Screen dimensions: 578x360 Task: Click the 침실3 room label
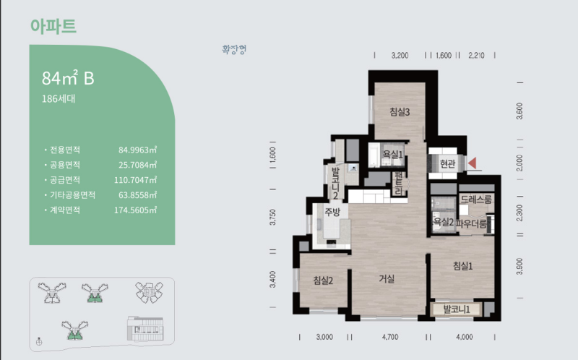(400, 112)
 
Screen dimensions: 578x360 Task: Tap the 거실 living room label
(387, 279)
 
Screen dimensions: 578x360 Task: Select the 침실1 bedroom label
(462, 265)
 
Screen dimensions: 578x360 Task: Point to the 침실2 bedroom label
(323, 280)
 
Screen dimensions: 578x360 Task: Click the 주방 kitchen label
(332, 212)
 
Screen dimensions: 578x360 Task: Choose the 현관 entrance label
(447, 163)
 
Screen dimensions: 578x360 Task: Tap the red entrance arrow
(473, 163)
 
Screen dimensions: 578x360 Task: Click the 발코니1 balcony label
(457, 309)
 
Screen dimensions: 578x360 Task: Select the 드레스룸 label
(476, 200)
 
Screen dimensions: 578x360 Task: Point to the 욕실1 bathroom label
(393, 154)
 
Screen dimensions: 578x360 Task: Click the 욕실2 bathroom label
(444, 222)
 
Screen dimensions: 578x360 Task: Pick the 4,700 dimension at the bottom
(390, 337)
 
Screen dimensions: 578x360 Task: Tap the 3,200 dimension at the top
(400, 56)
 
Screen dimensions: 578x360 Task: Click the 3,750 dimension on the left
(273, 218)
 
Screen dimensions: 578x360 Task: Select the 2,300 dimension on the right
(519, 213)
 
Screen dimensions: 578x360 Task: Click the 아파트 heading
(53, 26)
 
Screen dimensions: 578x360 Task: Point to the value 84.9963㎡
(137, 150)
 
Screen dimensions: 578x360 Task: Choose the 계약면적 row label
(65, 210)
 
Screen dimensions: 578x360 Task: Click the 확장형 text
(234, 49)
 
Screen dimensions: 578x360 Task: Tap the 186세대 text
(59, 98)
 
